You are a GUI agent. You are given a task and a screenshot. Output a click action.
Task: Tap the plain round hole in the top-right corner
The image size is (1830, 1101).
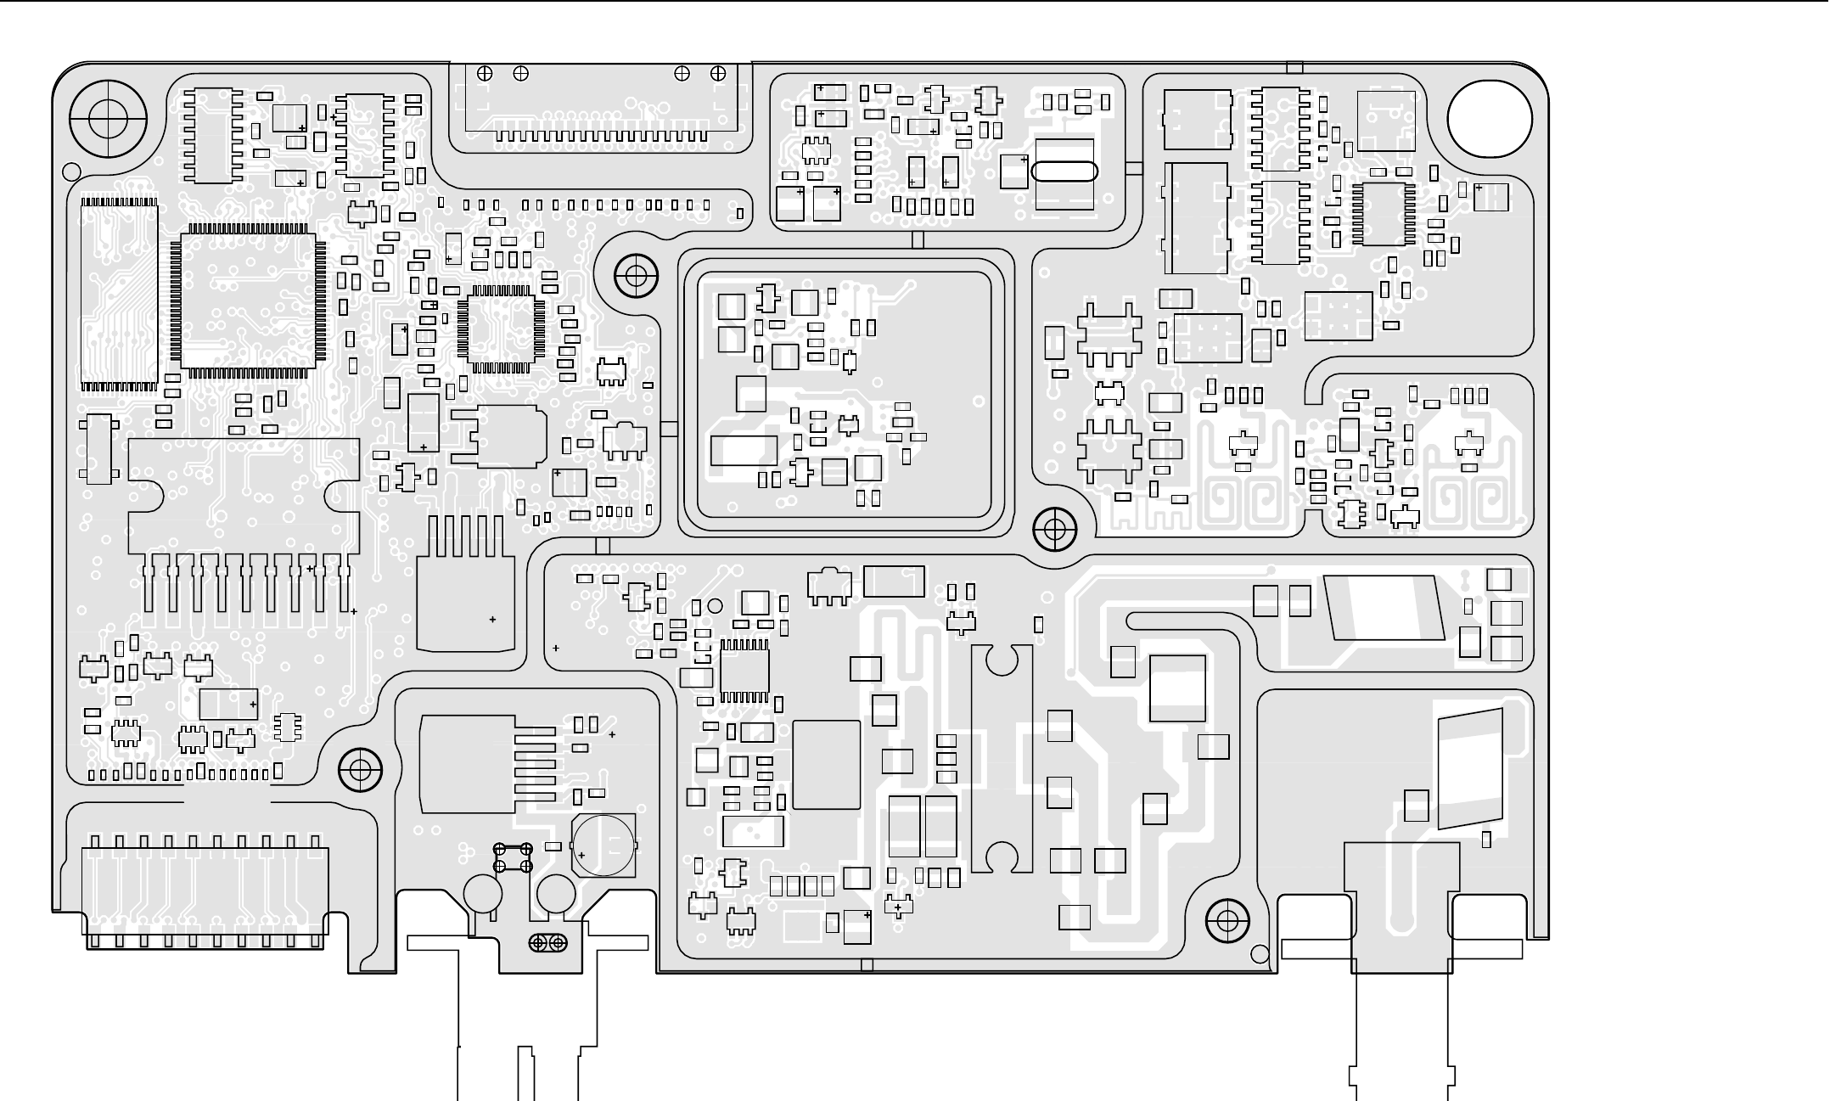click(x=1489, y=118)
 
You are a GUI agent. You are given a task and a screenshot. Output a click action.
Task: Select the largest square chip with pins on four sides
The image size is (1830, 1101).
click(x=248, y=301)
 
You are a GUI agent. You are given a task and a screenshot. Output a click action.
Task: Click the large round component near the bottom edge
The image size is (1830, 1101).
click(x=603, y=845)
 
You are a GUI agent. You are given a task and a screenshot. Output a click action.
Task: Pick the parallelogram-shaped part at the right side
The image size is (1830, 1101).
click(x=1384, y=608)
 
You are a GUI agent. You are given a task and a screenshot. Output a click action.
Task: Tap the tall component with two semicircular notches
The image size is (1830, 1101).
click(x=1002, y=758)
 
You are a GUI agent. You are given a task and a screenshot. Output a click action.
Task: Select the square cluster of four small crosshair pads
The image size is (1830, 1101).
click(x=513, y=857)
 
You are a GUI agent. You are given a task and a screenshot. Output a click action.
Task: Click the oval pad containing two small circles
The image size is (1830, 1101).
click(x=548, y=942)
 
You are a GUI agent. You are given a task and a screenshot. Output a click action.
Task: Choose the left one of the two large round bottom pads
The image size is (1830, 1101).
click(x=483, y=893)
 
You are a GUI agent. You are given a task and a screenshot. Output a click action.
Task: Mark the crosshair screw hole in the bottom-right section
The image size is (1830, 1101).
click(x=1227, y=921)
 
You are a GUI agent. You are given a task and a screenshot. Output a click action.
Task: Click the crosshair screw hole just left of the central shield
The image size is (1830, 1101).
click(x=636, y=275)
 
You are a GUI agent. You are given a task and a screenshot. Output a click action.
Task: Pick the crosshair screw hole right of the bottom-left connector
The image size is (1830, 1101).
click(x=360, y=771)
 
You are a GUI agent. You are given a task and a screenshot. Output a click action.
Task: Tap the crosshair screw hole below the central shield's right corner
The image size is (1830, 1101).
click(x=1054, y=531)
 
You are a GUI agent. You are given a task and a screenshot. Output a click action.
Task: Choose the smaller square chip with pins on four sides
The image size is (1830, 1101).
click(x=497, y=329)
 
